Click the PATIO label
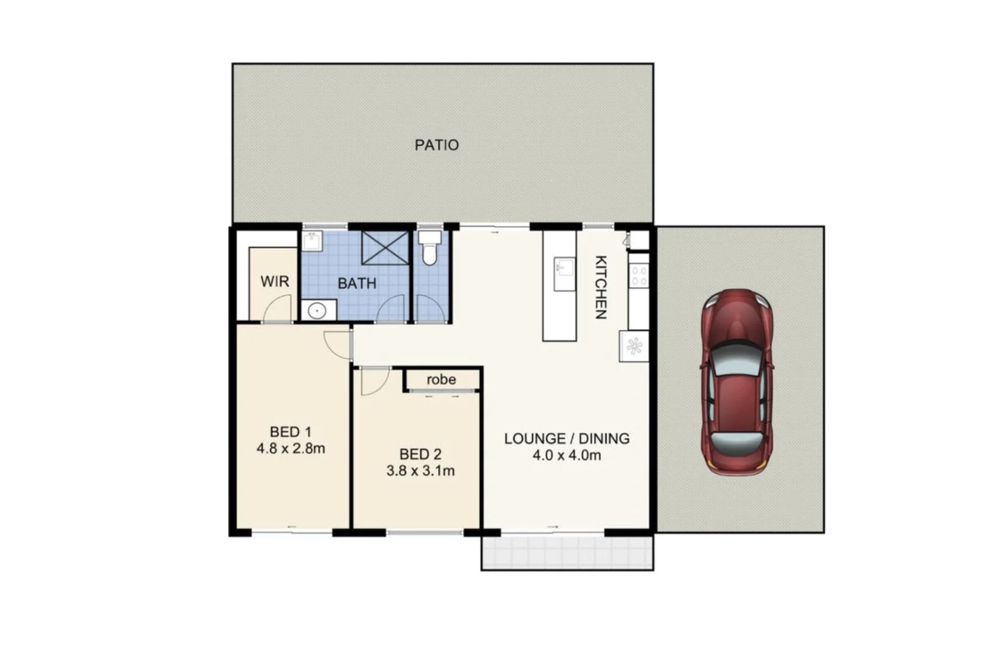click(x=436, y=145)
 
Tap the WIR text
click(x=274, y=282)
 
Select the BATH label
click(x=357, y=284)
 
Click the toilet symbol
click(x=430, y=248)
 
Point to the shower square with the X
click(x=385, y=248)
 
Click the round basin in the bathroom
click(x=317, y=311)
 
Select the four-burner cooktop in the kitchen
click(x=639, y=276)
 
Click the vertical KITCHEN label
click(x=601, y=287)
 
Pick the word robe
click(x=441, y=380)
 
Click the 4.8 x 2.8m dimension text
click(x=290, y=449)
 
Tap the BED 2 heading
click(x=420, y=454)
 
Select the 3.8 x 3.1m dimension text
click(x=420, y=471)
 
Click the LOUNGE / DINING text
click(x=566, y=439)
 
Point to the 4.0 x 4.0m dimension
click(x=566, y=455)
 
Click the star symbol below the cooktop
click(x=634, y=346)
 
